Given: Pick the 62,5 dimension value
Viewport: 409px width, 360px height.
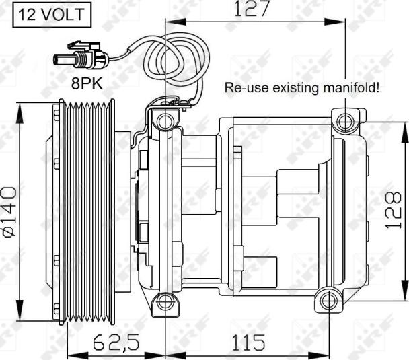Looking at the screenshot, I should (x=116, y=344).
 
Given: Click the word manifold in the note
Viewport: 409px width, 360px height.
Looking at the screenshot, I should (x=350, y=88).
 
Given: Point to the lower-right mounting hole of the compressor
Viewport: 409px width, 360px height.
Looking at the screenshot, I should (x=328, y=299).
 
